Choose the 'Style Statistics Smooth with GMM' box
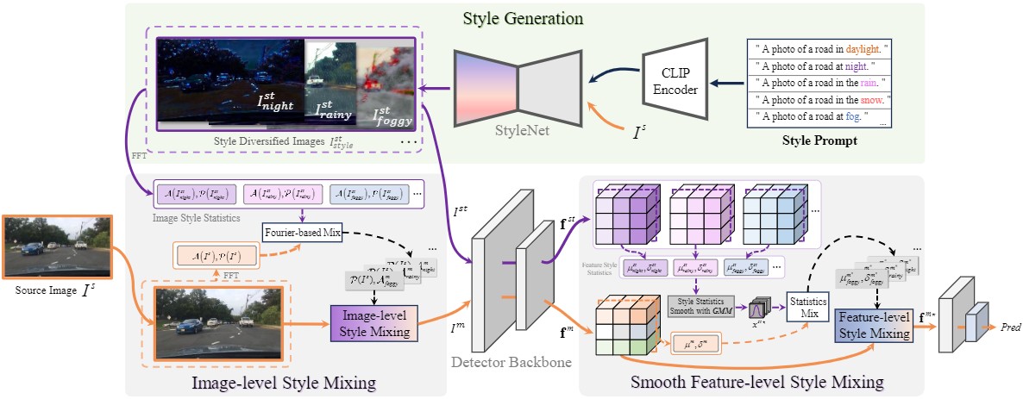[x=701, y=306]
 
